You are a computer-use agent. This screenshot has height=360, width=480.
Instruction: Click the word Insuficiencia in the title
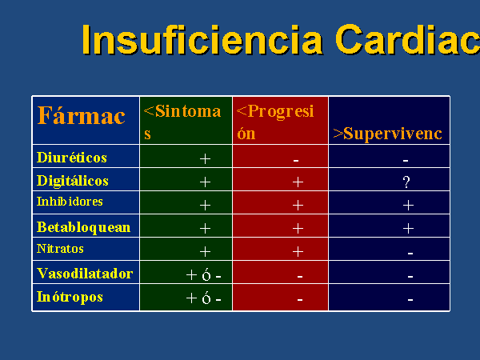click(x=202, y=39)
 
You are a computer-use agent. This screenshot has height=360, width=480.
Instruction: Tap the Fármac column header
click(x=81, y=116)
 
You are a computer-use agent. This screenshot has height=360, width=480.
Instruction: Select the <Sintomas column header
click(x=182, y=122)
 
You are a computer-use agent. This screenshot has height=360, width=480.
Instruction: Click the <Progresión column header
click(x=275, y=122)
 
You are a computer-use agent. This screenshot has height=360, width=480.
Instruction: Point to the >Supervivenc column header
click(x=387, y=134)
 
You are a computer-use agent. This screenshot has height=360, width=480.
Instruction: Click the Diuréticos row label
click(x=72, y=158)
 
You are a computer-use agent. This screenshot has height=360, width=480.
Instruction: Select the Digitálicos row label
click(x=73, y=181)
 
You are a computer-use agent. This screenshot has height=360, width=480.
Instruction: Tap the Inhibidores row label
click(x=70, y=202)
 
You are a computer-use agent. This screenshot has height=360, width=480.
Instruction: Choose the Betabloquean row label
click(x=83, y=227)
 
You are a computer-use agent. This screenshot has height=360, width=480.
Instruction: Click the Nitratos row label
click(x=60, y=249)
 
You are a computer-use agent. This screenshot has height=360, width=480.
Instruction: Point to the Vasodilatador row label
click(x=85, y=274)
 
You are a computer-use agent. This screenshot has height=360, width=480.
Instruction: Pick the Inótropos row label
click(x=70, y=297)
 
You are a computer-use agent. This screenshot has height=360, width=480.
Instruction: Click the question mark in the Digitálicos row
click(x=406, y=182)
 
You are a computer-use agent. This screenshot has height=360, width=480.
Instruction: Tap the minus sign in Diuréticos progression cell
click(x=296, y=160)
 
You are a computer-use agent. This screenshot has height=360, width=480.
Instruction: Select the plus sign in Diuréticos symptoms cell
click(x=205, y=159)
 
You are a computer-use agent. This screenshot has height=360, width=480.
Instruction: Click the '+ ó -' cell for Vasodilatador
click(x=203, y=274)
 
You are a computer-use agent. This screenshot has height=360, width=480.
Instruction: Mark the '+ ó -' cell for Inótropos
click(x=203, y=298)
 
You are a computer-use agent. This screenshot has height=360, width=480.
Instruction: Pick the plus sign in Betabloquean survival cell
click(x=408, y=228)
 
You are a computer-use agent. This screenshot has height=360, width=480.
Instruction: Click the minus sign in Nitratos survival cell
click(x=410, y=253)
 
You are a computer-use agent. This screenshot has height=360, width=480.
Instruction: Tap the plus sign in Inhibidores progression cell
click(x=298, y=205)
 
